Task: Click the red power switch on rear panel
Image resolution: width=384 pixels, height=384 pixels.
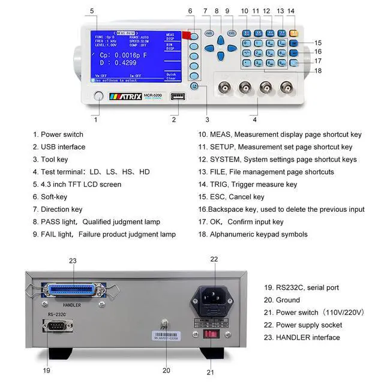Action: point(211,349)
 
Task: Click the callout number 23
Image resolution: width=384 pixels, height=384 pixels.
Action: point(73,261)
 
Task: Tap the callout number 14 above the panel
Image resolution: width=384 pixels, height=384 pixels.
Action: point(291,11)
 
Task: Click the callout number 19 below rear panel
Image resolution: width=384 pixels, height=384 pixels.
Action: point(47,370)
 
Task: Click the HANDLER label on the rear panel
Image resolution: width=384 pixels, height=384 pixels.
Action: point(71,305)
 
